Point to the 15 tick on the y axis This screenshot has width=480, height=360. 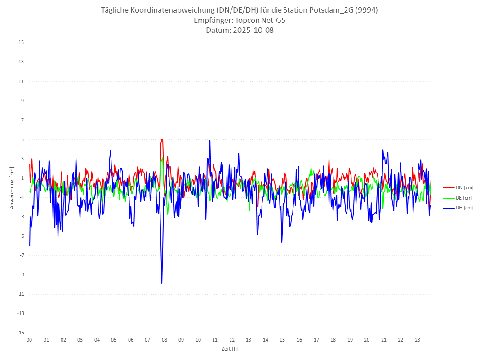tap(21, 43)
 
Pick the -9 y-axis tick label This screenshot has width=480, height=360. tap(21, 275)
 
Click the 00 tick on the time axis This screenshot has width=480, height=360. tap(29, 340)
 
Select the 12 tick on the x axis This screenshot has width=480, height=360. tap(232, 340)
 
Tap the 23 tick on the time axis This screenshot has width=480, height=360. tap(418, 340)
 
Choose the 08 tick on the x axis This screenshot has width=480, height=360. tap(164, 340)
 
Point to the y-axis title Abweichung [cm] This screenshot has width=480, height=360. tap(12, 187)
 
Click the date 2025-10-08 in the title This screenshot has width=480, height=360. tap(251, 31)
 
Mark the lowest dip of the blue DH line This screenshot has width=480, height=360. tap(162, 283)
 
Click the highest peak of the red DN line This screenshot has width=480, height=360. tap(162, 139)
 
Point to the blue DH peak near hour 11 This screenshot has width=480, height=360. tap(209, 141)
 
